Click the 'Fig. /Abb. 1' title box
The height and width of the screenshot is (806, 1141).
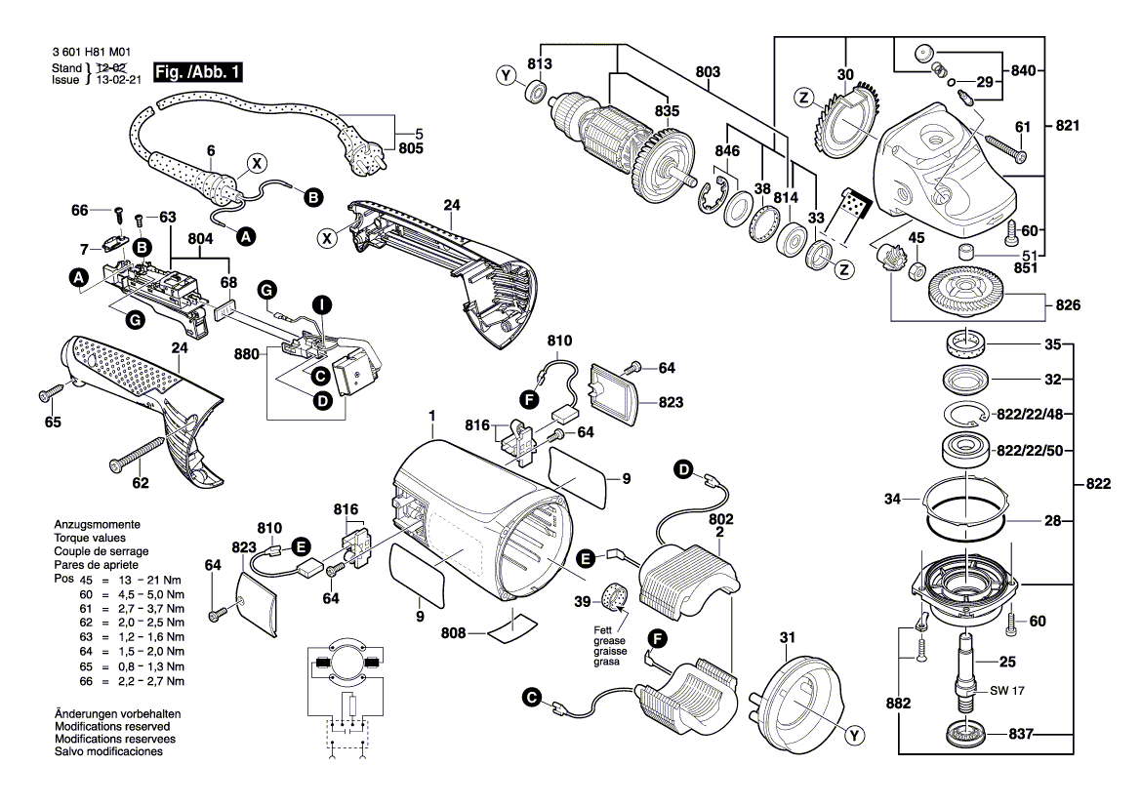[x=197, y=72]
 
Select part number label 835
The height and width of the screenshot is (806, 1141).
[x=667, y=110]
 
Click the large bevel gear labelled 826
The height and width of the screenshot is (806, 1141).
[x=969, y=294]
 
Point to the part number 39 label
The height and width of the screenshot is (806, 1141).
[x=582, y=602]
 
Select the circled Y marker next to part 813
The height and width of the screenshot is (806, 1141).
[x=506, y=76]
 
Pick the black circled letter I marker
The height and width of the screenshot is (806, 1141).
[x=322, y=304]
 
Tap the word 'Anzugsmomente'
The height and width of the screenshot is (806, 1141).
[x=97, y=524]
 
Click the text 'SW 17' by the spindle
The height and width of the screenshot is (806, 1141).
[x=1007, y=690]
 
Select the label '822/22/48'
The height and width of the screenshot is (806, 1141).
[x=1031, y=414]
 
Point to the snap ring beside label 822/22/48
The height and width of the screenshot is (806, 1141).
[x=965, y=414]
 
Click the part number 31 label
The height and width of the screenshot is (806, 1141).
[x=788, y=637]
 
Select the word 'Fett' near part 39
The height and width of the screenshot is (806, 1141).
[x=602, y=630]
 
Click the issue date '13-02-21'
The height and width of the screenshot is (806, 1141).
[x=119, y=80]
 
